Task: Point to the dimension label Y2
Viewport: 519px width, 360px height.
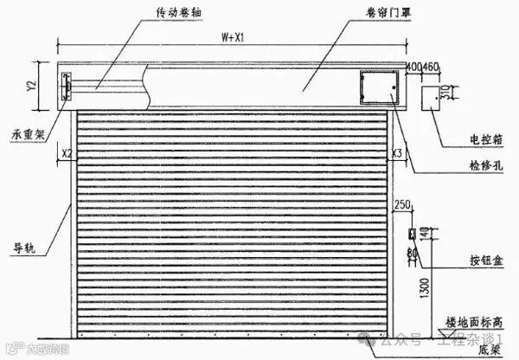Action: pyautogui.click(x=31, y=85)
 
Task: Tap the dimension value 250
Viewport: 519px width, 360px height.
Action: pyautogui.click(x=401, y=204)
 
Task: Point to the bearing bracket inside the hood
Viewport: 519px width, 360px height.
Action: pyautogui.click(x=66, y=87)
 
